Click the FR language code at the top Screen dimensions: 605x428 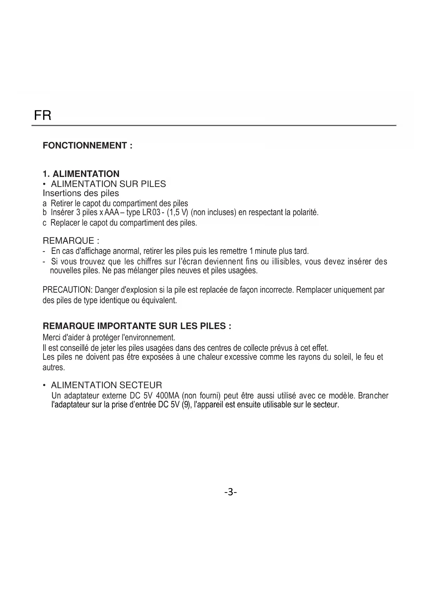coord(43,115)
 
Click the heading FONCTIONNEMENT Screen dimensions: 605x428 coord(87,146)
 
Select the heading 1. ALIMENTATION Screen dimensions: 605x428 coord(81,174)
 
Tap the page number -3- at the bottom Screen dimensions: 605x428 coord(230,492)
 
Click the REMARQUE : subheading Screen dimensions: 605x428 coord(71,240)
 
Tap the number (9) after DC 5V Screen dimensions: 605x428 coord(186,405)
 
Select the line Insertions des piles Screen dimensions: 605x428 coord(81,193)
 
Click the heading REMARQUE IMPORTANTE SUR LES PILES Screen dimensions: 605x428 coord(137,326)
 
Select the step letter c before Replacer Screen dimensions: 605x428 coord(44,223)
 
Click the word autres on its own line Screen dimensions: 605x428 coord(53,368)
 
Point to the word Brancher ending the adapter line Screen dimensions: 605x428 coord(373,396)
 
